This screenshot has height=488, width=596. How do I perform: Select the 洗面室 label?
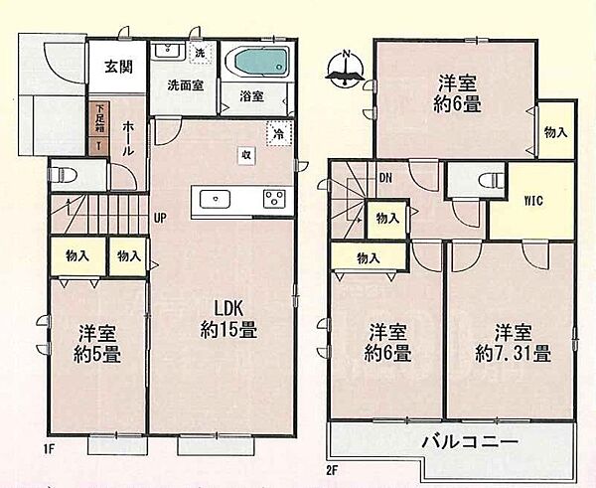click(x=185, y=86)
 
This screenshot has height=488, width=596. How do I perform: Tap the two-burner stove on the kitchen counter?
click(x=272, y=200)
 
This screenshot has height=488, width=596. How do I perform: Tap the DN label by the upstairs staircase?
click(x=384, y=179)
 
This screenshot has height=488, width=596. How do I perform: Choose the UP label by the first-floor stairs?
click(x=159, y=219)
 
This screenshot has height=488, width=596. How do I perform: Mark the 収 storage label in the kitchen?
click(x=243, y=154)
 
